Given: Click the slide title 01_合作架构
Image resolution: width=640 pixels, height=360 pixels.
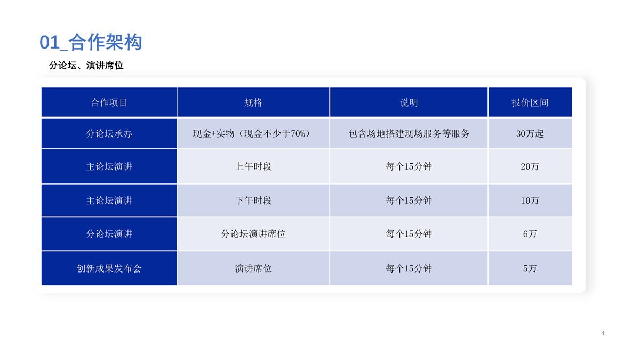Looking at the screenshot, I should [x=91, y=42].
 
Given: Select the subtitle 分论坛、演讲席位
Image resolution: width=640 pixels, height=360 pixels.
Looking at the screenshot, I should [x=86, y=66].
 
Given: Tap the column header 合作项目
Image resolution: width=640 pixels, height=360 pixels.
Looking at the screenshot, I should [x=109, y=102].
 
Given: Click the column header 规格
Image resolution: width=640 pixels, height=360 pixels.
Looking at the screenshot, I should [x=253, y=102].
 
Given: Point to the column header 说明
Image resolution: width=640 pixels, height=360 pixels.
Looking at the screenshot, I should [x=409, y=102].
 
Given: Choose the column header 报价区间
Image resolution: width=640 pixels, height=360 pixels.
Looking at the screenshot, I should [x=530, y=102].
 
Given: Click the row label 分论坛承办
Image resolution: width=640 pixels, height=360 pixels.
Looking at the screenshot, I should [x=109, y=133].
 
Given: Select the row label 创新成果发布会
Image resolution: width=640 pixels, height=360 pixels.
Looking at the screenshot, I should [x=109, y=268].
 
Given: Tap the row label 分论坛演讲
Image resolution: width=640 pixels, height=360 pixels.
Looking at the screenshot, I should [x=109, y=234].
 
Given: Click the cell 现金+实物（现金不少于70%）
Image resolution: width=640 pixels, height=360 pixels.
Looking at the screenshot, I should [x=253, y=133].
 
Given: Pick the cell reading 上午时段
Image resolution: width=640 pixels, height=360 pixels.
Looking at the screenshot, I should [x=253, y=166].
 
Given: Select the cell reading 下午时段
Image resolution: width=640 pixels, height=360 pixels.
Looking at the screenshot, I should [x=253, y=201].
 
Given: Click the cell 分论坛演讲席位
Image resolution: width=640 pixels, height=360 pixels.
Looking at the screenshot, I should [x=253, y=234].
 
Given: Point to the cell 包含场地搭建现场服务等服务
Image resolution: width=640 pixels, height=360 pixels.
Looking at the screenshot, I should [x=409, y=133].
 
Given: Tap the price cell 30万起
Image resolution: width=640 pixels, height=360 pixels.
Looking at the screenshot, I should [x=530, y=133].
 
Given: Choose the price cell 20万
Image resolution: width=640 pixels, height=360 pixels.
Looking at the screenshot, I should [x=530, y=166].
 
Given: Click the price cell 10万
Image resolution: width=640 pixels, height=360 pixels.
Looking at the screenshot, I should [x=530, y=201].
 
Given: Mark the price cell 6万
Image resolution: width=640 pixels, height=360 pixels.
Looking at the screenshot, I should [x=530, y=234].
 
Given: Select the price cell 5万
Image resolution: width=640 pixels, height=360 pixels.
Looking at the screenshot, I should [x=530, y=268].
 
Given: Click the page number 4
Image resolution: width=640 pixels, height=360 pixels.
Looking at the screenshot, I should [x=603, y=333].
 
